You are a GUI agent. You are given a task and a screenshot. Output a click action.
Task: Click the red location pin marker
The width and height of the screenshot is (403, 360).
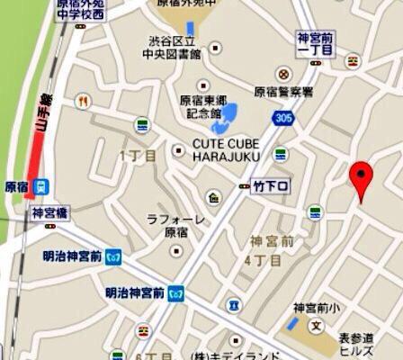point(362,178)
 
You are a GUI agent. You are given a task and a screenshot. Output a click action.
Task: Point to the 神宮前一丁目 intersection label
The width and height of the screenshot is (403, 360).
point(316,44)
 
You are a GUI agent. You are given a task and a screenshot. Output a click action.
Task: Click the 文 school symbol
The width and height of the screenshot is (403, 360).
point(316,324)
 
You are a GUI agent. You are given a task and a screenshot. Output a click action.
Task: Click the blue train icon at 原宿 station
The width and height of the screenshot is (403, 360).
point(40,187)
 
